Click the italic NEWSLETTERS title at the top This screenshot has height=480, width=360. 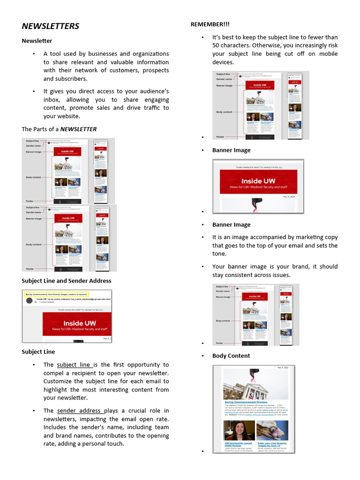(x=51, y=26)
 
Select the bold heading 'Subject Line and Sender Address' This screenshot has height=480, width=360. (x=67, y=281)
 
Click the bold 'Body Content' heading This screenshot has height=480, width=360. (x=231, y=356)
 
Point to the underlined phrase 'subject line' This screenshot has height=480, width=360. (x=74, y=365)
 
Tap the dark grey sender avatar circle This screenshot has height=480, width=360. (x=30, y=300)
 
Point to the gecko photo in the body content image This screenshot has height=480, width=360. (x=272, y=430)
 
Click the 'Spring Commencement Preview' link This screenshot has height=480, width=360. (x=246, y=402)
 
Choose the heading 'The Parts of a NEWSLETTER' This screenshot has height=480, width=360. (x=59, y=129)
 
